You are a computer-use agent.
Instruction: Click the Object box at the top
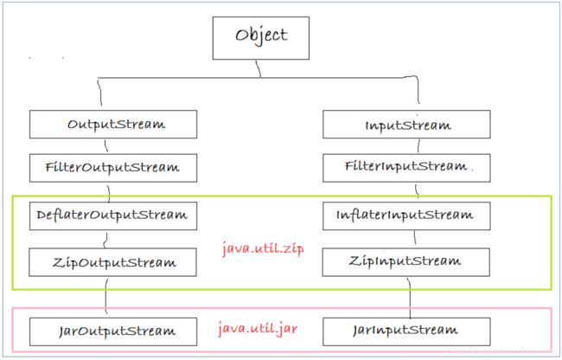tap(260, 38)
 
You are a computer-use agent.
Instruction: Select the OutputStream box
tap(113, 125)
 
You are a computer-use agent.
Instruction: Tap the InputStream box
tap(406, 125)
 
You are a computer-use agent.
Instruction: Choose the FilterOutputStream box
tap(113, 168)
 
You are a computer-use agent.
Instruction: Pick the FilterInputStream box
tap(406, 168)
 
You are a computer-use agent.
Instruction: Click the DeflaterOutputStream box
tap(113, 215)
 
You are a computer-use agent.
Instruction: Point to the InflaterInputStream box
tap(406, 215)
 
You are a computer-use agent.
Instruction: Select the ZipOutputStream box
tap(113, 262)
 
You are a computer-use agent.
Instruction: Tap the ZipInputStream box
tap(406, 262)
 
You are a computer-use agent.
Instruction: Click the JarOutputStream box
tap(113, 331)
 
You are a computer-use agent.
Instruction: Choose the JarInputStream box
tap(406, 331)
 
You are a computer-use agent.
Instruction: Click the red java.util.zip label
tap(263, 248)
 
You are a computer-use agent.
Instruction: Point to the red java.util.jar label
tap(258, 329)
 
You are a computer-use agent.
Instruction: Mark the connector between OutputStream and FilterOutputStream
tap(106, 146)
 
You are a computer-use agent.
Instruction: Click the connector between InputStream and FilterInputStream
tap(418, 146)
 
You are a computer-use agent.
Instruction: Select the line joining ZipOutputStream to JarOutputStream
tap(105, 297)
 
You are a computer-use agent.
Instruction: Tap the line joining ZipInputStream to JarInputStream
tap(410, 297)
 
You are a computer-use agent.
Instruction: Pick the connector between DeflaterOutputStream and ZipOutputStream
tap(105, 239)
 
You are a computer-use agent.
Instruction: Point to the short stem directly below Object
tap(258, 68)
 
